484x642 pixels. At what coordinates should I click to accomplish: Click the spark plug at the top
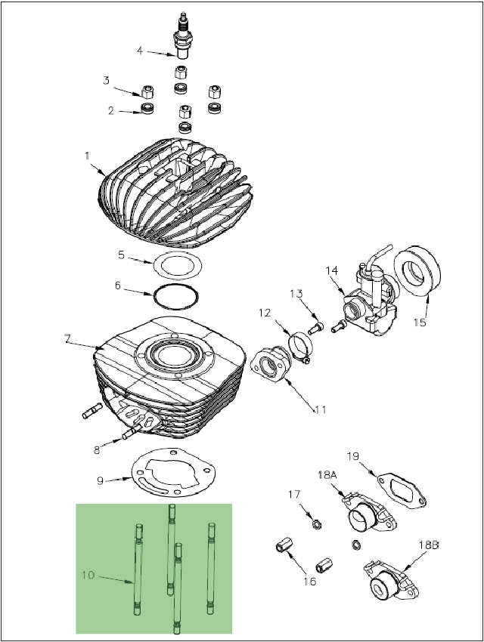click(x=182, y=37)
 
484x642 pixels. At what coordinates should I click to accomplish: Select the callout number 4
click(x=140, y=51)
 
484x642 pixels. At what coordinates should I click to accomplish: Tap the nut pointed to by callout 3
click(x=147, y=92)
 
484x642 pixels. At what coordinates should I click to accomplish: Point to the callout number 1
click(x=87, y=156)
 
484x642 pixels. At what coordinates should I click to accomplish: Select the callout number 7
click(x=67, y=338)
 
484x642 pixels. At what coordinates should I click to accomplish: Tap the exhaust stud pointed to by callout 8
click(x=132, y=431)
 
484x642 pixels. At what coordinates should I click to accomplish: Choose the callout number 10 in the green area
click(x=88, y=576)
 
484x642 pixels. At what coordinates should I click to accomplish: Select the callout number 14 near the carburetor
click(x=332, y=270)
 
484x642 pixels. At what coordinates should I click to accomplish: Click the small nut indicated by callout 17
click(x=317, y=523)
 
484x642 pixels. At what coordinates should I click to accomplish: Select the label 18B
click(x=429, y=545)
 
